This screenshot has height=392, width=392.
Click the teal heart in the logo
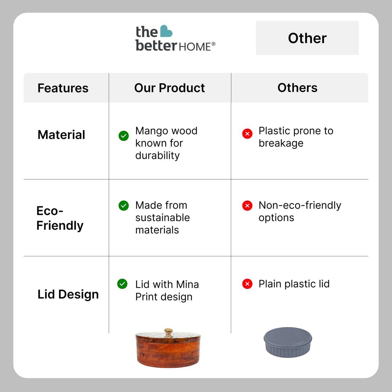(x=166, y=31)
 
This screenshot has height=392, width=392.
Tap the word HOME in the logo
(x=195, y=47)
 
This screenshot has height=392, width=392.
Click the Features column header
(x=63, y=88)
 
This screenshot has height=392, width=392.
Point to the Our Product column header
(x=170, y=88)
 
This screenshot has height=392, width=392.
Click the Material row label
(x=61, y=135)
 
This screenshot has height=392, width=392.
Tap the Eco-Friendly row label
(x=60, y=218)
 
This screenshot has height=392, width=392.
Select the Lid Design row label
(x=68, y=294)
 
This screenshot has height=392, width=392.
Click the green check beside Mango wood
(x=124, y=136)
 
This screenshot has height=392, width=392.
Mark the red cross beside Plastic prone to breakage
(x=247, y=134)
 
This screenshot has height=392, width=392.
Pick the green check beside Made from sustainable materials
(x=124, y=205)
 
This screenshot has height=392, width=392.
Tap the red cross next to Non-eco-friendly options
(x=247, y=205)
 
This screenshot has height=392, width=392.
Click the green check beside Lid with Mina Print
(x=122, y=284)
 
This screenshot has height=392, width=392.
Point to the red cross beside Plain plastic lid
(x=247, y=284)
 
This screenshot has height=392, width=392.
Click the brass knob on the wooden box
(x=168, y=332)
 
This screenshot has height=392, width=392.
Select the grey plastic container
(x=288, y=342)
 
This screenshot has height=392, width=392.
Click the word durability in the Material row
(x=157, y=156)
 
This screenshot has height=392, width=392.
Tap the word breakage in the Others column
(x=281, y=144)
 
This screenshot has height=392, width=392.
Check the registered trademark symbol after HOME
(x=213, y=44)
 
